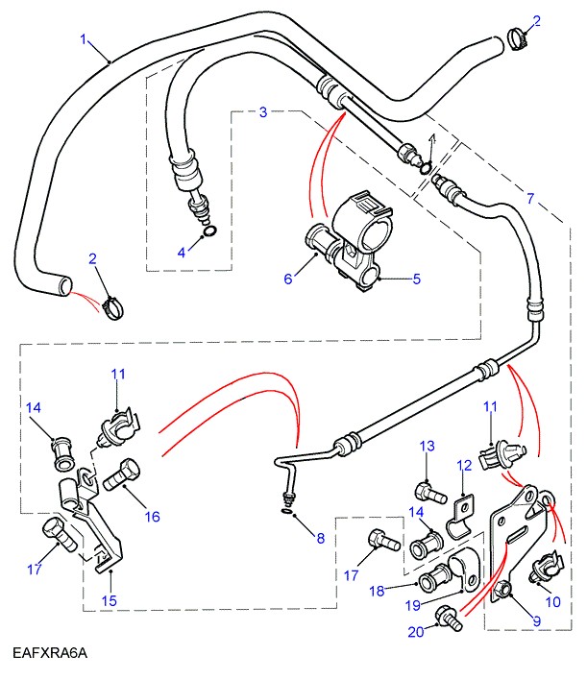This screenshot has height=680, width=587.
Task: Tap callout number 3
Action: tap(263, 112)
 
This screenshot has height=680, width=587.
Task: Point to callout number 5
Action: tap(418, 279)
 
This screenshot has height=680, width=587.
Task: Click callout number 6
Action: tap(286, 279)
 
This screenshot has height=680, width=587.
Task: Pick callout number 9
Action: tap(537, 621)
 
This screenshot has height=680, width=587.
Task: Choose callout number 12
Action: tap(464, 466)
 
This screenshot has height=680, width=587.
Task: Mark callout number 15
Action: tap(110, 601)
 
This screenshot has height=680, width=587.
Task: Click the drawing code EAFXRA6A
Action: tap(50, 654)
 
